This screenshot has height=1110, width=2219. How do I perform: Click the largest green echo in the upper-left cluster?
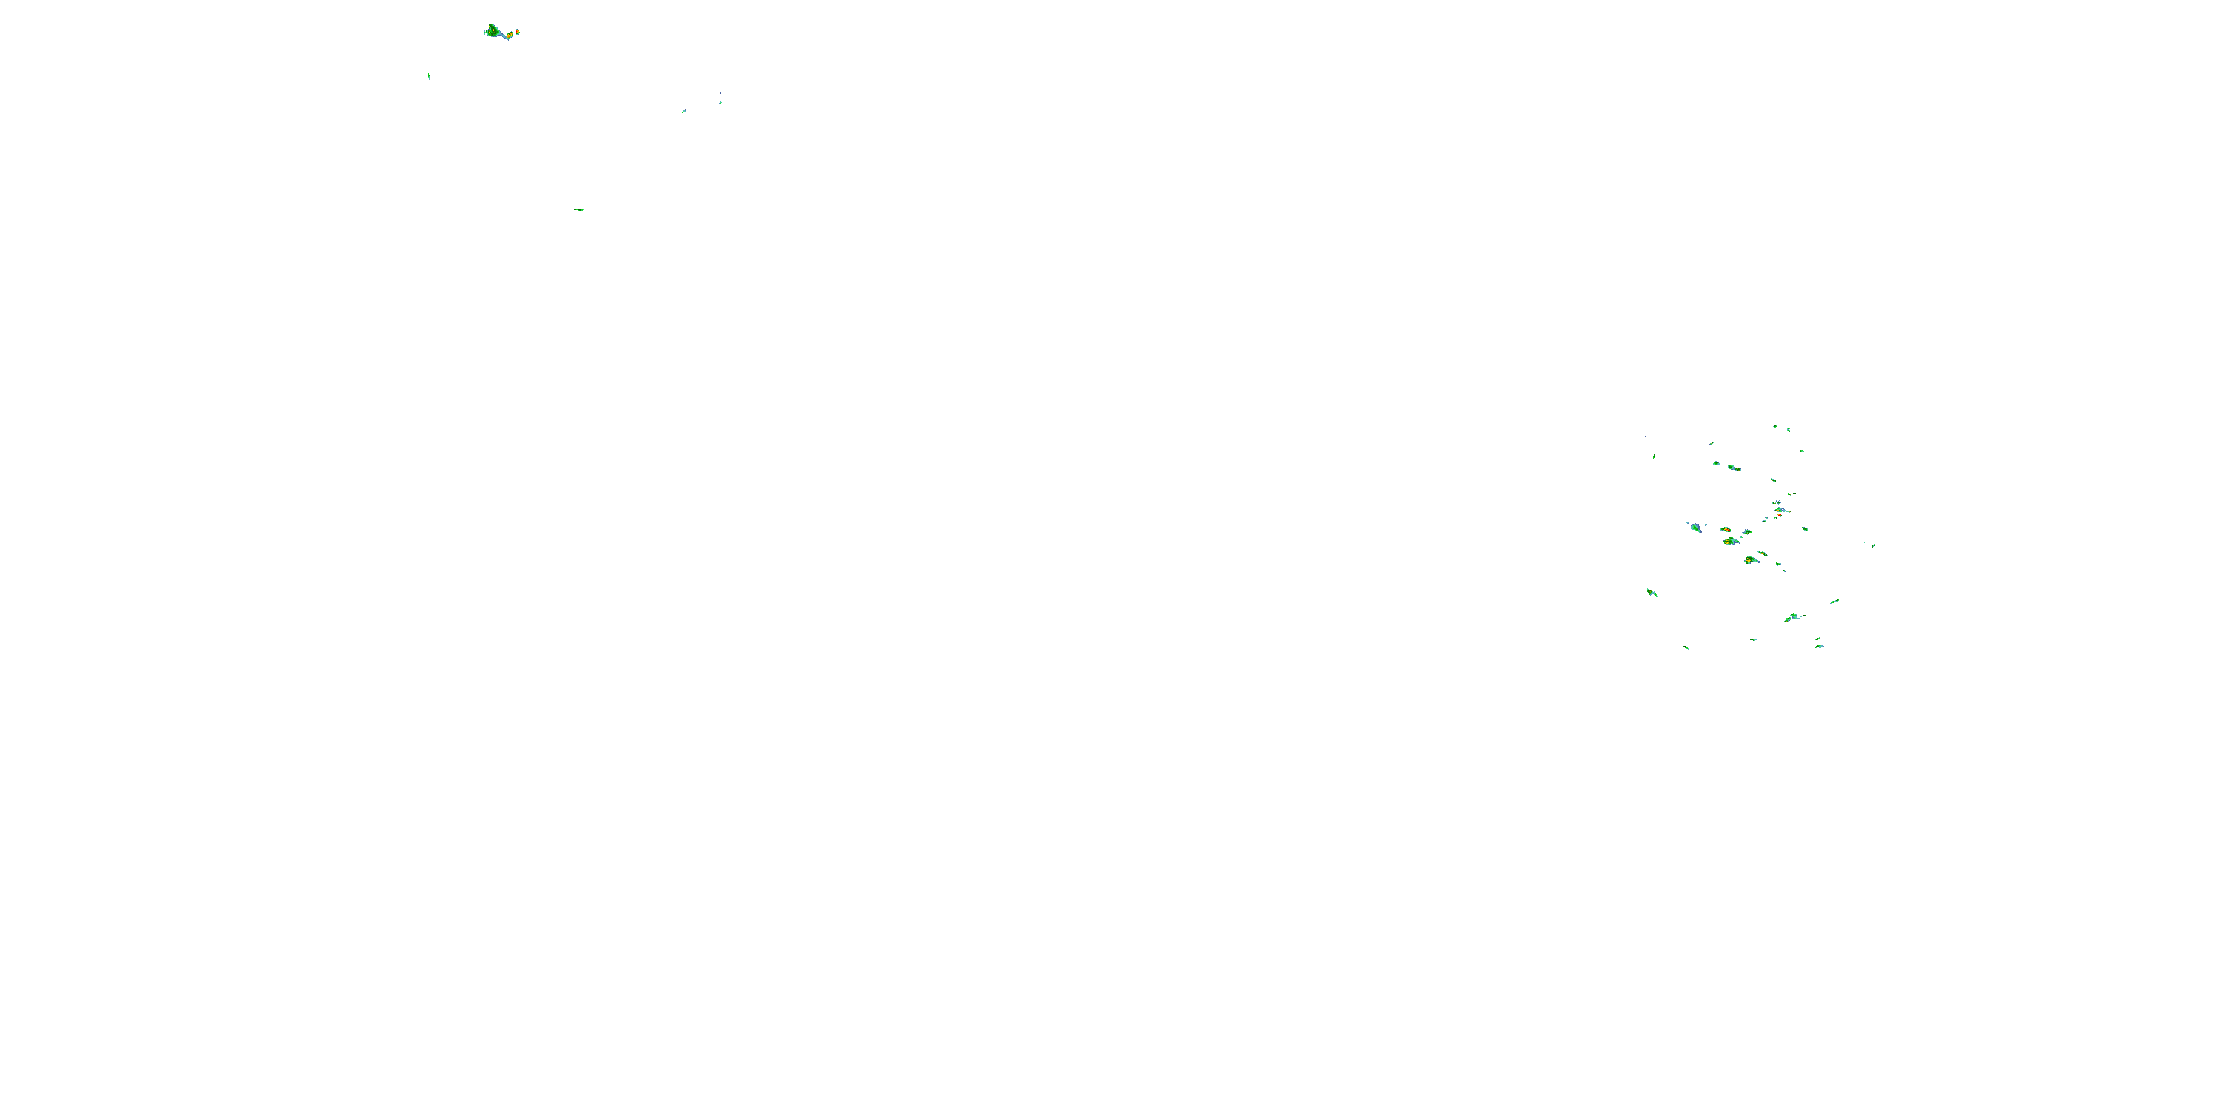pyautogui.click(x=493, y=32)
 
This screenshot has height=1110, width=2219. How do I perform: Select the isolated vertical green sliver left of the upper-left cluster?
pyautogui.click(x=429, y=75)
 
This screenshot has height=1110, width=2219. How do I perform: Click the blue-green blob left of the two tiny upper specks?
pyautogui.click(x=684, y=111)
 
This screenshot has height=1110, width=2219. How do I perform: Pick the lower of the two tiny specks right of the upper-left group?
pyautogui.click(x=720, y=103)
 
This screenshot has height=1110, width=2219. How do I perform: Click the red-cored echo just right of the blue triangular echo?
pyautogui.click(x=1726, y=529)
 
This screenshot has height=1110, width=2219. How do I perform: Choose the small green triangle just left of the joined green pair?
pyautogui.click(x=1717, y=464)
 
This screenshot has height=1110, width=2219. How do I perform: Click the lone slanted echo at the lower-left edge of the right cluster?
pyautogui.click(x=1652, y=592)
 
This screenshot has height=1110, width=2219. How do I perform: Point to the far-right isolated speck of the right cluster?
pyautogui.click(x=1874, y=545)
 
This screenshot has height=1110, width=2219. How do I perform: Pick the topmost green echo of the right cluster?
pyautogui.click(x=1775, y=426)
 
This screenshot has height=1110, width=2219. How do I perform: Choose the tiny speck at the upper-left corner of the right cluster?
pyautogui.click(x=1646, y=434)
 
